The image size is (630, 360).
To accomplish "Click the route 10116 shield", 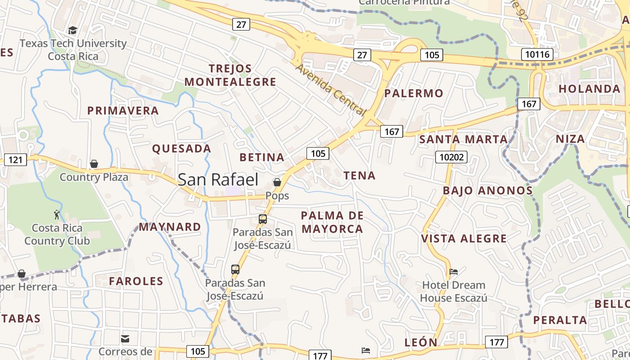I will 537,55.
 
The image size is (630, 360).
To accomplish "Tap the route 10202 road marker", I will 451,157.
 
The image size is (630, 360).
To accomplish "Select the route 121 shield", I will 15,159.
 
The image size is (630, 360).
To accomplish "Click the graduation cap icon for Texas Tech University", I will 72,30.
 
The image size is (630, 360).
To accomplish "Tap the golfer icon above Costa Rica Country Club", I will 57,214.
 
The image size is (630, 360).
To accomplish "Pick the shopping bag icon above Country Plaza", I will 94,164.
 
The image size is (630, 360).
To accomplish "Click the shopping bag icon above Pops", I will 277,182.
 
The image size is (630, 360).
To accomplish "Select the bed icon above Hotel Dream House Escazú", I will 454,272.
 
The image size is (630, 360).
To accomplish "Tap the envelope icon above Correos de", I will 125,338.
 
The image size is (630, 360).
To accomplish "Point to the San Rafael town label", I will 218,180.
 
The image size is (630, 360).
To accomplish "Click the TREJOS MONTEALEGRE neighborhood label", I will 230,75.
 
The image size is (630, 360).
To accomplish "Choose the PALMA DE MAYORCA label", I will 332,222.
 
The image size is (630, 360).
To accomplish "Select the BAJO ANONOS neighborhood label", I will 488,190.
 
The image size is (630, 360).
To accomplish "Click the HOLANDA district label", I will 589,89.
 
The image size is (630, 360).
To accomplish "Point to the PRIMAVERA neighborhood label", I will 123,111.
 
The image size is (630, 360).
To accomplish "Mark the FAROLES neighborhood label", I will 136,281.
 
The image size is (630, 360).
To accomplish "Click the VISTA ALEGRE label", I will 464,238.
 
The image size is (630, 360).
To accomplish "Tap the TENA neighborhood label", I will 360,175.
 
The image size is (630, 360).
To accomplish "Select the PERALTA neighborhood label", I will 560,320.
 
